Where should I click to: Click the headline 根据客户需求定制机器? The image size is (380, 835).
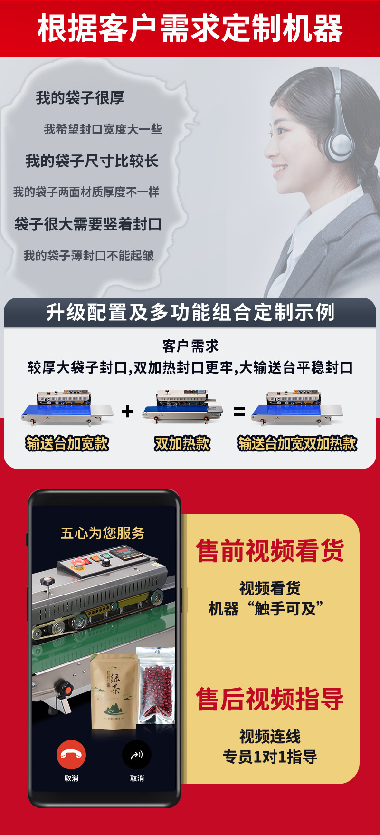(x=190, y=29)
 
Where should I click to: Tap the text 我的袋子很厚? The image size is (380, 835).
(x=80, y=98)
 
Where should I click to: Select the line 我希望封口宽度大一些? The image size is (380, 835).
(x=103, y=129)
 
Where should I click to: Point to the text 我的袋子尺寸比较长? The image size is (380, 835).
(x=92, y=161)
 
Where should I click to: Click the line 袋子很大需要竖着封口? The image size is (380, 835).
(x=88, y=224)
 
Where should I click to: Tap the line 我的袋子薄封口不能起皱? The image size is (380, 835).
(x=89, y=256)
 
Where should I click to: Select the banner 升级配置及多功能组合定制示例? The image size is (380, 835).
(x=190, y=312)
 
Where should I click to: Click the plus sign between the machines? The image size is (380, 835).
(x=127, y=411)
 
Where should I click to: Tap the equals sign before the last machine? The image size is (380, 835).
(x=239, y=412)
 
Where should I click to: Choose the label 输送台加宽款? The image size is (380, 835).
(x=67, y=443)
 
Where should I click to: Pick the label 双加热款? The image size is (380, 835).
(x=182, y=443)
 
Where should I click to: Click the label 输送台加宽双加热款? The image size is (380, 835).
(x=297, y=443)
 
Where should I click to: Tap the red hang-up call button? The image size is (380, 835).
(x=71, y=755)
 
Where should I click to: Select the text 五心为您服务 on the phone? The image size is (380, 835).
(x=103, y=533)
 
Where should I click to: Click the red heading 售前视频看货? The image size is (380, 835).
(x=270, y=551)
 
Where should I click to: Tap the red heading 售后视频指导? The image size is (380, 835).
(x=270, y=700)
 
